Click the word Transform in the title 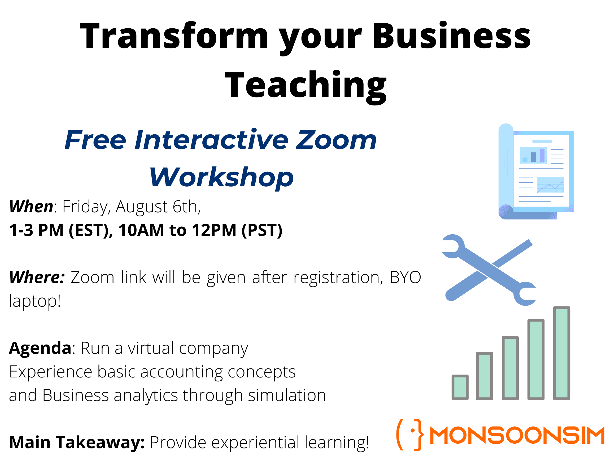[x=174, y=36]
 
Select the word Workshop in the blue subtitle [x=221, y=177]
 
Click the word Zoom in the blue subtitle [x=336, y=140]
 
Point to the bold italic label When [x=31, y=206]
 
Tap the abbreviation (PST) [x=262, y=230]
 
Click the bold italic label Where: [x=37, y=277]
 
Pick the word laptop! [x=35, y=301]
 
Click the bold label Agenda [x=40, y=348]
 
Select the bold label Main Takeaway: [x=77, y=442]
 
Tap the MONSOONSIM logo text [x=517, y=436]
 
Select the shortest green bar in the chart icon [x=460, y=387]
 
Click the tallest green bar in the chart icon [x=562, y=353]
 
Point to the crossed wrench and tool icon [x=489, y=270]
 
